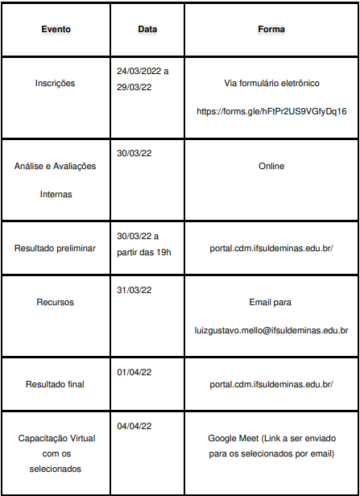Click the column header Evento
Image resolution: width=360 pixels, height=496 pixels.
pyautogui.click(x=56, y=29)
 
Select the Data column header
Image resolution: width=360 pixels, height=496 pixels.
pyautogui.click(x=147, y=29)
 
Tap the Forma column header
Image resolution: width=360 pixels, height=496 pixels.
pyautogui.click(x=271, y=29)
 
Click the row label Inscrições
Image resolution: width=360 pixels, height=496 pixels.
pyautogui.click(x=56, y=83)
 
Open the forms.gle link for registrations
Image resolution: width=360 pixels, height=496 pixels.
pyautogui.click(x=271, y=111)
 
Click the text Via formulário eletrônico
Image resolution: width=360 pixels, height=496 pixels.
pyautogui.click(x=271, y=83)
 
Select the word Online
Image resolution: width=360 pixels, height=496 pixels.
pyautogui.click(x=271, y=166)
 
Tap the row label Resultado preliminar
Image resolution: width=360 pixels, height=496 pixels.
pyautogui.click(x=56, y=248)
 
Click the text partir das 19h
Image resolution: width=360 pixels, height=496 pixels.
pyautogui.click(x=144, y=252)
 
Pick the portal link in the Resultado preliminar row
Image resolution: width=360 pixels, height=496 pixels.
pyautogui.click(x=271, y=248)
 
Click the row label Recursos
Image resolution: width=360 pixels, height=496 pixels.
pyautogui.click(x=56, y=302)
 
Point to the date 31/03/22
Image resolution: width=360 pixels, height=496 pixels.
pyautogui.click(x=134, y=288)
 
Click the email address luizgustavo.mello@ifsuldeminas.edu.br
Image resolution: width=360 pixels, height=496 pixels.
pyautogui.click(x=271, y=330)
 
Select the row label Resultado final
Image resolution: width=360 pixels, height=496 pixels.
pyautogui.click(x=56, y=384)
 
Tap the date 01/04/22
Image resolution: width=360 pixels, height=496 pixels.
pyautogui.click(x=134, y=371)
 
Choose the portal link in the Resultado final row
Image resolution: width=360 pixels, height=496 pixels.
pyautogui.click(x=271, y=384)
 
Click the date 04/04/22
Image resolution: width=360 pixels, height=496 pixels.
pyautogui.click(x=134, y=426)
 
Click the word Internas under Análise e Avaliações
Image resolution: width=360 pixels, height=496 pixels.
pyautogui.click(x=56, y=194)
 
